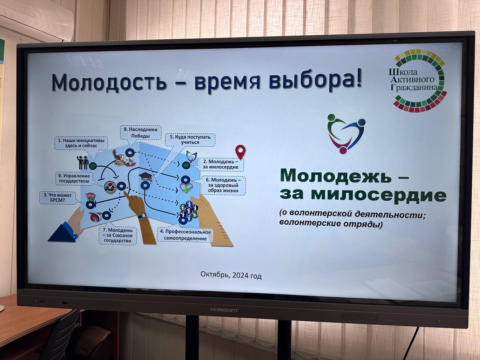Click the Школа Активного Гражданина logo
[x=419, y=84]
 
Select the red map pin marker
[x=240, y=152]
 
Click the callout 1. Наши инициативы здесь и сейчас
[x=81, y=143]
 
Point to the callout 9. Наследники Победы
[x=140, y=132]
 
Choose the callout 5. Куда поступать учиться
[x=190, y=139]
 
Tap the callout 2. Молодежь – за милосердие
[x=220, y=164]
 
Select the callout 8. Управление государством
[x=74, y=178]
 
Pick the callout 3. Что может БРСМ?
[x=58, y=198]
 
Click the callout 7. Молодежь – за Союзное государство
[x=118, y=236]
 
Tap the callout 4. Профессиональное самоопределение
[x=185, y=235]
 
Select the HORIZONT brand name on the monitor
[x=224, y=310]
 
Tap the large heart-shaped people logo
[x=346, y=134]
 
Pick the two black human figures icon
[x=82, y=162]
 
